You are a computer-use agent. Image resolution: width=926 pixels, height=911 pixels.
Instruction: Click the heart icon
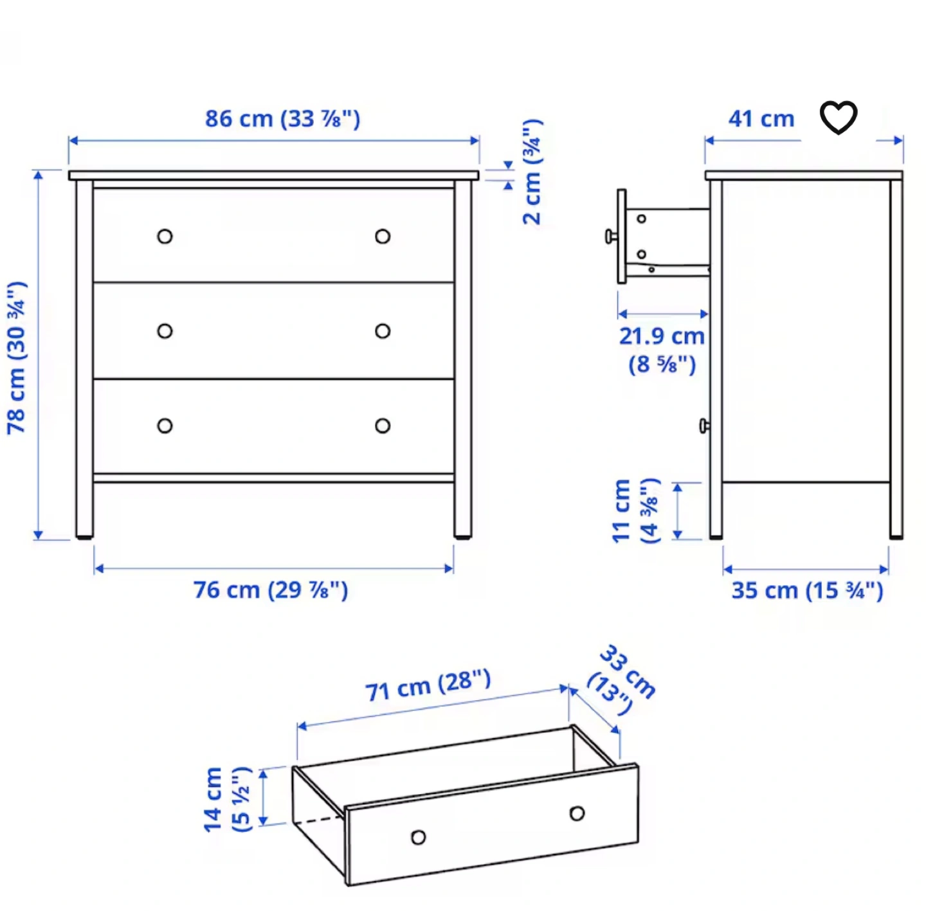838,117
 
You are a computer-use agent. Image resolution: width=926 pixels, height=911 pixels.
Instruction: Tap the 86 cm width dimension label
282,119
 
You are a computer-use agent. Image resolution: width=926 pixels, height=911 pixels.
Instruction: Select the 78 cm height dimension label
17,358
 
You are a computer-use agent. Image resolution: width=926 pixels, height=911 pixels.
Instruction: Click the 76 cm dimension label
271,590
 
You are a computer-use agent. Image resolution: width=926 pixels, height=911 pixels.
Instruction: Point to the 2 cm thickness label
533,172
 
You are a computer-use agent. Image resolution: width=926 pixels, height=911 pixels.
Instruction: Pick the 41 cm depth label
761,119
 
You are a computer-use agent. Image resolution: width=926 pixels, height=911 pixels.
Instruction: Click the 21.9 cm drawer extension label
662,350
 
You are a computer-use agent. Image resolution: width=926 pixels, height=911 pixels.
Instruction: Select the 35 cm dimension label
807,590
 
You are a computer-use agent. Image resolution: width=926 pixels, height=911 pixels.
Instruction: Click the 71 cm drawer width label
428,685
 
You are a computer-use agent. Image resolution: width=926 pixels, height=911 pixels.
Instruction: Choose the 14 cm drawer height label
227,800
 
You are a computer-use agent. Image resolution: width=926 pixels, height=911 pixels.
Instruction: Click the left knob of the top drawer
165,237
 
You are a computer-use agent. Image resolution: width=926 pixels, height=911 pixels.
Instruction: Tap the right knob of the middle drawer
383,331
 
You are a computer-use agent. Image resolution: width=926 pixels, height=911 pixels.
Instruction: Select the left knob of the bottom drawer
165,426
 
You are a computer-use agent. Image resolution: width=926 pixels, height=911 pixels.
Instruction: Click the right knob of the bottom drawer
383,426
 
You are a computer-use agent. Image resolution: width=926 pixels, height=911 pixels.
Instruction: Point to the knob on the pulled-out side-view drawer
612,237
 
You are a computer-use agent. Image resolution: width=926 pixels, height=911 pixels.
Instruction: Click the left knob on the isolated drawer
419,837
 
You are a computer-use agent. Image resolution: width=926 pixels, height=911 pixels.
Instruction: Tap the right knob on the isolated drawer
577,813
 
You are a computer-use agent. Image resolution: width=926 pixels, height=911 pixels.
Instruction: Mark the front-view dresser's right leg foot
463,537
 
